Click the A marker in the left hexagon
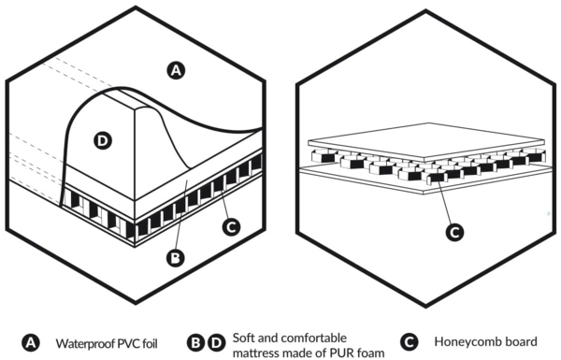click(176, 70)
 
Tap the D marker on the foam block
click(103, 140)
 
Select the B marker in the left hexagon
click(176, 258)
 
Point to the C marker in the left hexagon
click(231, 227)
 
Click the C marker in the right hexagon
click(454, 233)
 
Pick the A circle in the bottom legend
click(31, 343)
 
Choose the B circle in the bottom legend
click(196, 343)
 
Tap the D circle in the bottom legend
click(217, 343)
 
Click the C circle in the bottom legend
click(409, 342)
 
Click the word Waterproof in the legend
click(85, 344)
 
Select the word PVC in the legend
click(128, 343)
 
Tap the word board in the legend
click(519, 341)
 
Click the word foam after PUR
click(370, 353)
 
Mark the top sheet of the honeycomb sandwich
click(426, 142)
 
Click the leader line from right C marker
click(444, 201)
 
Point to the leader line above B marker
click(180, 215)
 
